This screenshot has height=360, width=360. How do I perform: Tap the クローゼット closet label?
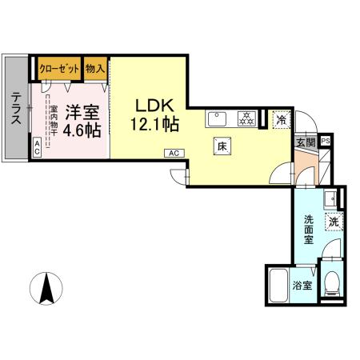coord(59,68)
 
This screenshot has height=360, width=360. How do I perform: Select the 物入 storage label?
coord(95,68)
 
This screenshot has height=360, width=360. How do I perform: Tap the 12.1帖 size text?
coord(154,125)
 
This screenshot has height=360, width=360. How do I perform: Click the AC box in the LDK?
coord(172,151)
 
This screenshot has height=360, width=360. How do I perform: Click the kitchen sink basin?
coord(218,121)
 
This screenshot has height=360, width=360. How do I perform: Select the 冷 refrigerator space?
coord(281,120)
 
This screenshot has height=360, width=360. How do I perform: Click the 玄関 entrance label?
coord(306,142)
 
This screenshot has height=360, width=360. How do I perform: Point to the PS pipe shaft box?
coord(325,142)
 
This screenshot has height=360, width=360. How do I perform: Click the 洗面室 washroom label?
coord(309,229)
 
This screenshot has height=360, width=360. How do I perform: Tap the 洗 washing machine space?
coord(331,221)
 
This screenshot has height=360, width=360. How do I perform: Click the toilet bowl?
coord(332,283)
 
